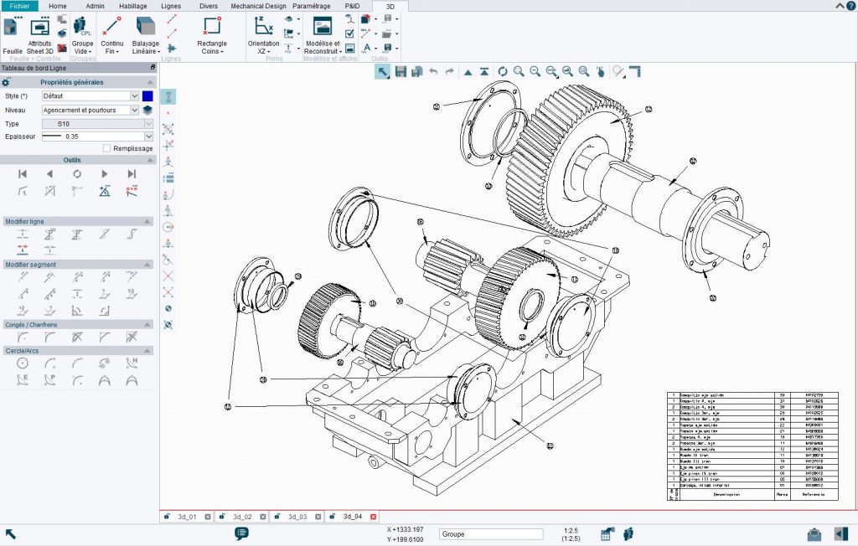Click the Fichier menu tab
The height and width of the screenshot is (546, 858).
pos(19,6)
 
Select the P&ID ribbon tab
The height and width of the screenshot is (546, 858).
pos(353,6)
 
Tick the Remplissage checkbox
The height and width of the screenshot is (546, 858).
pos(106,148)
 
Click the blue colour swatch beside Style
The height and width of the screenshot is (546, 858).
pos(147,96)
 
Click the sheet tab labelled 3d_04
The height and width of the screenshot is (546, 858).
pos(352,517)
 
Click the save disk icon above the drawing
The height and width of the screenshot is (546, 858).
pos(401,72)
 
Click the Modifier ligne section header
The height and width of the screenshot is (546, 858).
pos(25,221)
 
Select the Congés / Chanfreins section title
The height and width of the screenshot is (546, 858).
pos(32,324)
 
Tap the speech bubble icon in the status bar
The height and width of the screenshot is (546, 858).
pos(241,533)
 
